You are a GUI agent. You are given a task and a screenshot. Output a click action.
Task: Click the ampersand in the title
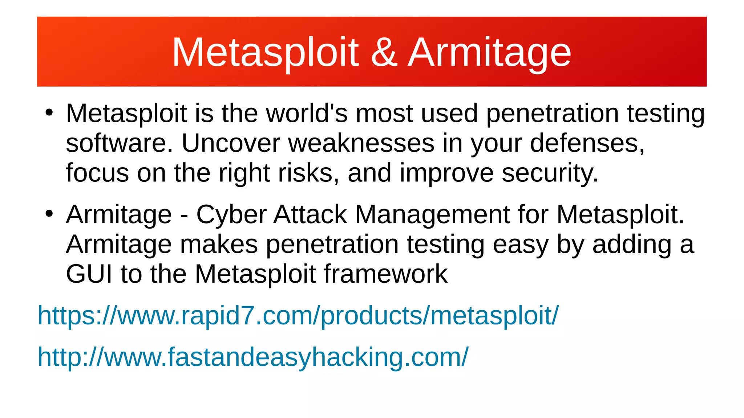tap(384, 53)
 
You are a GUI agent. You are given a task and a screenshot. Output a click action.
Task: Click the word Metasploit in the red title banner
tap(265, 53)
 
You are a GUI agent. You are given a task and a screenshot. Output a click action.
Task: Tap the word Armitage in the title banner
tap(489, 53)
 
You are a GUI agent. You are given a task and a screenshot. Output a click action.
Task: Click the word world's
tap(307, 114)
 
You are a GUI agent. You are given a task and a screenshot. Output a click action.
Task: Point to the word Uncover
tap(231, 143)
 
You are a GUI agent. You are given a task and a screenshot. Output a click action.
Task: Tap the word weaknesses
tap(361, 143)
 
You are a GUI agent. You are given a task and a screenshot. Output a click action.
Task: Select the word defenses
tap(587, 143)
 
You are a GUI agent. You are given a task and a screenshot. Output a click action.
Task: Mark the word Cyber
tap(231, 214)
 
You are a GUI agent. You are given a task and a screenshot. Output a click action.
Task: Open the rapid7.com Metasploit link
tap(298, 315)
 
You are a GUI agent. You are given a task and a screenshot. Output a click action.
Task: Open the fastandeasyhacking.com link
tap(253, 357)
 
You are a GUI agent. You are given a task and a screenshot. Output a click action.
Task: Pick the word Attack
tap(310, 214)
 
